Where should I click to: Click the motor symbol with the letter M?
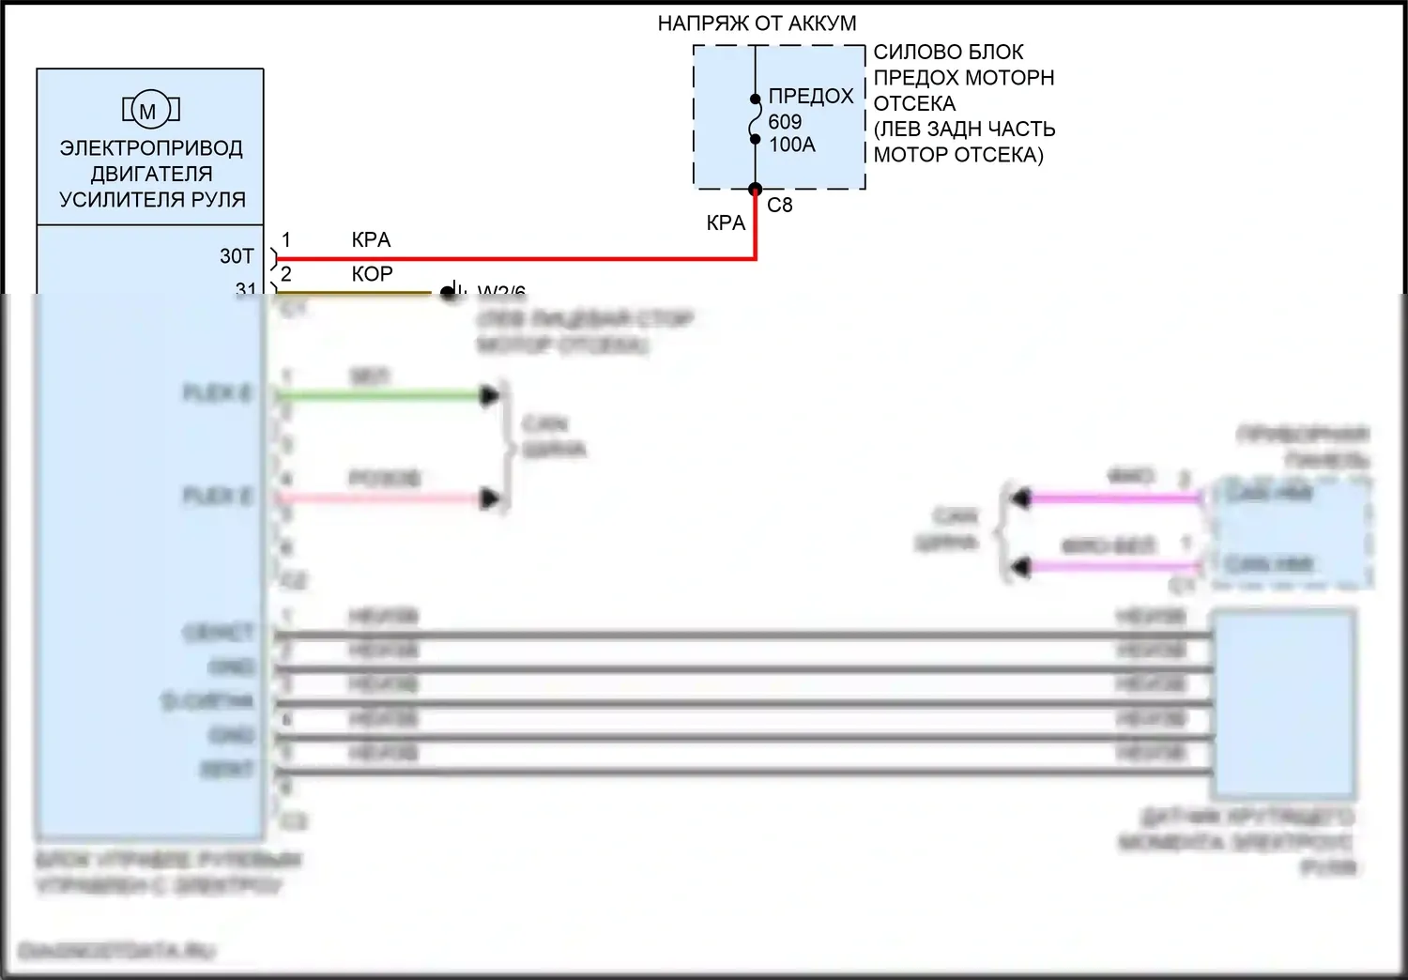(x=149, y=111)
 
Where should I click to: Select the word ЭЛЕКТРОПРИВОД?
(x=151, y=148)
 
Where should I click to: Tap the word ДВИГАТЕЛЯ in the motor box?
(x=151, y=174)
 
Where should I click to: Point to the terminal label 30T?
(x=237, y=256)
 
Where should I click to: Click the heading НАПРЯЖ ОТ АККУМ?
(x=757, y=23)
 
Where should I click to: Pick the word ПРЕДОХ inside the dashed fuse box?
(x=811, y=96)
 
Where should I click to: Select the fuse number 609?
(x=785, y=121)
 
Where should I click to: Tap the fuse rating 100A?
(x=792, y=145)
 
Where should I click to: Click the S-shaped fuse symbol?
(x=755, y=119)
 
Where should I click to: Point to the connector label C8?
(x=779, y=205)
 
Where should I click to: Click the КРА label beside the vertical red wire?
(x=726, y=223)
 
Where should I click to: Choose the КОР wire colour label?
(x=372, y=274)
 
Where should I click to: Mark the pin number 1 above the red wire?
(x=286, y=240)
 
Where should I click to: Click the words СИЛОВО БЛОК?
(x=948, y=52)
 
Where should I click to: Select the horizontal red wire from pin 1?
(x=516, y=258)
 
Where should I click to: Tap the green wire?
(x=375, y=396)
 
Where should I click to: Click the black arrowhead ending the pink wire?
(x=489, y=498)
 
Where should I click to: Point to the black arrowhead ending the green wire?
(x=489, y=396)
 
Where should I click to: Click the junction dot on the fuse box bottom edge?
(x=755, y=190)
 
